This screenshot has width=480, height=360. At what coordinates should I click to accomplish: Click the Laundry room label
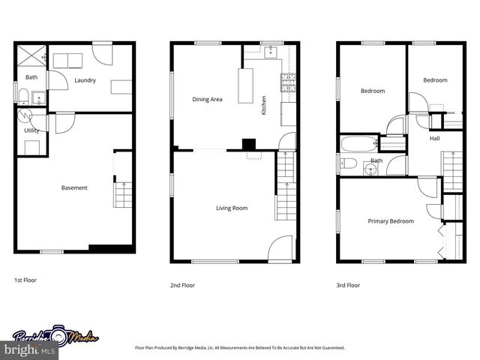(x=85, y=80)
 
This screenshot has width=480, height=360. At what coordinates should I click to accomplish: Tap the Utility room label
(x=31, y=130)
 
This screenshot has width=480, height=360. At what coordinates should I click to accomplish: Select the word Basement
(x=74, y=187)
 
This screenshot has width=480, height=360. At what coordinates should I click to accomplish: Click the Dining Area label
(x=207, y=99)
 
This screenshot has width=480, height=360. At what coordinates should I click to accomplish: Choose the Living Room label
(x=232, y=208)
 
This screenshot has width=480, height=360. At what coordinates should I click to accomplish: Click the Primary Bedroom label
(x=390, y=221)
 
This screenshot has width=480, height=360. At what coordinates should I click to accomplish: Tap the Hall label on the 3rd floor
(x=434, y=139)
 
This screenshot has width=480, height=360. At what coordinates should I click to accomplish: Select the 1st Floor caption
(x=25, y=280)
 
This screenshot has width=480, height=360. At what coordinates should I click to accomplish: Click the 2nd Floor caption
(x=184, y=285)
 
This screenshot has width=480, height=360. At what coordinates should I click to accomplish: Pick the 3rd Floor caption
(x=348, y=285)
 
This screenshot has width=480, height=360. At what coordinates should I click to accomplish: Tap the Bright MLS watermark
(x=26, y=349)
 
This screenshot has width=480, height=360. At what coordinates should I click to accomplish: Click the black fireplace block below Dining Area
(x=248, y=143)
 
